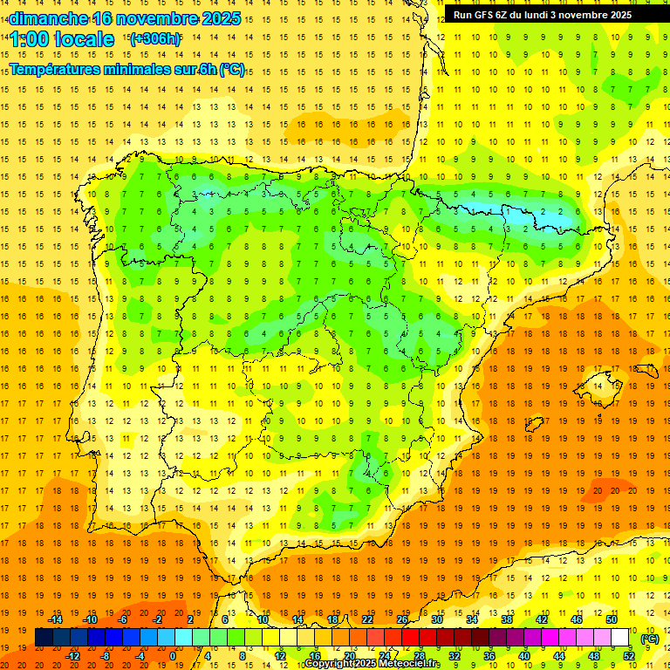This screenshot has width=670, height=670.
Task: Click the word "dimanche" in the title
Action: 48,18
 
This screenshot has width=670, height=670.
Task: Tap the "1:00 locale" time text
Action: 62,39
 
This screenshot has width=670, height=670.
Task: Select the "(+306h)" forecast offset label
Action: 155,39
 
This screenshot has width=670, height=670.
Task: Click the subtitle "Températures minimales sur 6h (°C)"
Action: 127,70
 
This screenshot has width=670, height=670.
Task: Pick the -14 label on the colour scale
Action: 55,619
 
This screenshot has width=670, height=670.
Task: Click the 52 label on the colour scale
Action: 629,656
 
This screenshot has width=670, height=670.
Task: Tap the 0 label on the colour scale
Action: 174,656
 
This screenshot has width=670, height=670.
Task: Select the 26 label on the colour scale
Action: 402,619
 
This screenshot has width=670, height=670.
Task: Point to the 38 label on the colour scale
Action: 507,619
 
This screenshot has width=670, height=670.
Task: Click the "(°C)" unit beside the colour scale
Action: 649,639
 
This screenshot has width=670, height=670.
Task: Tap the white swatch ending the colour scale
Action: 620,638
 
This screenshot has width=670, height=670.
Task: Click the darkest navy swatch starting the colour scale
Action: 44,638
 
